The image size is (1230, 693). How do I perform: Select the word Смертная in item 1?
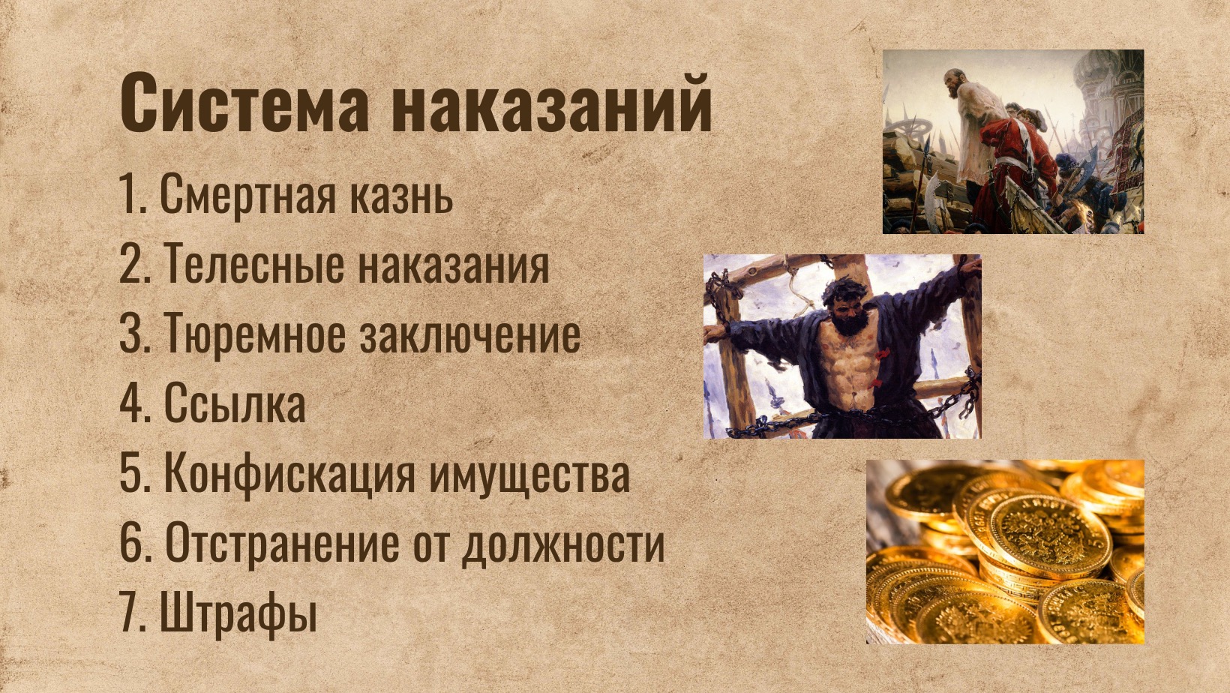pyautogui.click(x=247, y=194)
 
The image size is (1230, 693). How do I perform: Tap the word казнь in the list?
pyautogui.click(x=401, y=194)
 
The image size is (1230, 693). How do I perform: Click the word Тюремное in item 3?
pyautogui.click(x=254, y=333)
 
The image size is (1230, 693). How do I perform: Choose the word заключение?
pyautogui.click(x=470, y=333)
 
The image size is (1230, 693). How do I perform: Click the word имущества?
pyautogui.click(x=530, y=475)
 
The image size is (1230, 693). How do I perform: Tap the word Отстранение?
pyautogui.click(x=282, y=543)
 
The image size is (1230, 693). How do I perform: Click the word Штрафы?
pyautogui.click(x=238, y=613)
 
